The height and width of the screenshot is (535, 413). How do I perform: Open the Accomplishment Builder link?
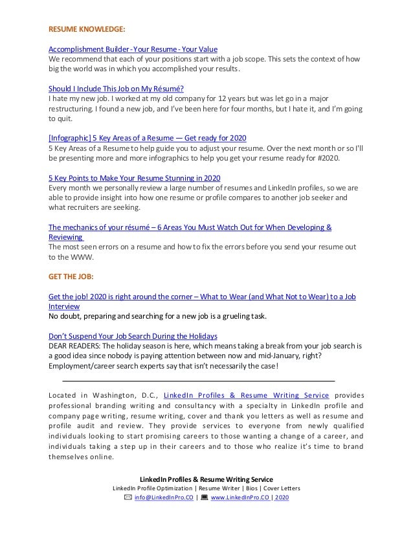coord(133,49)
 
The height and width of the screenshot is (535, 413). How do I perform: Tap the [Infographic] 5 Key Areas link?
coord(148,138)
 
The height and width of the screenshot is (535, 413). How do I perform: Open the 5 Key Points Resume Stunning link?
coord(135,177)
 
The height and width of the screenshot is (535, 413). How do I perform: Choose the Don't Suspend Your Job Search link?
coord(133,337)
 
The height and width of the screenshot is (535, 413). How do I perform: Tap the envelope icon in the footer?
coord(128,497)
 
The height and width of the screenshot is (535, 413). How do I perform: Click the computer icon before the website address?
coord(205,497)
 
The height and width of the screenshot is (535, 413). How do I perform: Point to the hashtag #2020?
coord(336,158)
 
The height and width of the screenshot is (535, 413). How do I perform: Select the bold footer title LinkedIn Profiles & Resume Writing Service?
coord(206,479)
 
